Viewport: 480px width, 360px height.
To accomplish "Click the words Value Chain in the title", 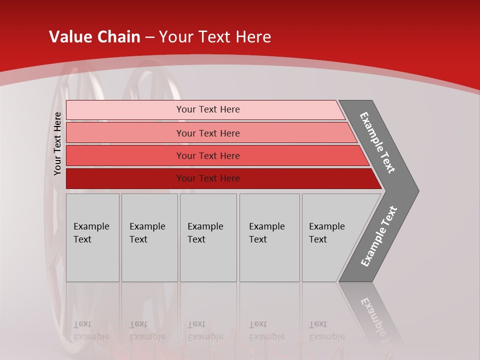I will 94,37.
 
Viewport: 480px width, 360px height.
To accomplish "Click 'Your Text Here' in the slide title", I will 215,37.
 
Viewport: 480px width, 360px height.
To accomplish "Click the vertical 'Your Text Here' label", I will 57,143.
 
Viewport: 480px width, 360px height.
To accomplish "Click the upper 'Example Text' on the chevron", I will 377,142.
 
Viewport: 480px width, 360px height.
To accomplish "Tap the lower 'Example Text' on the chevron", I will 378,236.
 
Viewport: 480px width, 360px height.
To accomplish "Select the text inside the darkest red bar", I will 208,178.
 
